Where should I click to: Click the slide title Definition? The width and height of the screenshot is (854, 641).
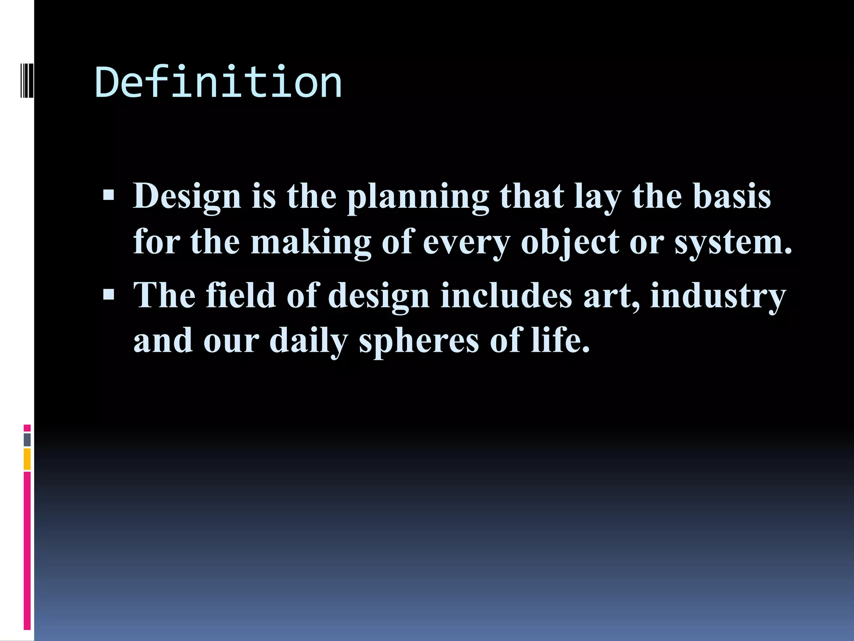(219, 83)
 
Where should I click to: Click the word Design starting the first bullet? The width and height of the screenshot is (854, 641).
(187, 196)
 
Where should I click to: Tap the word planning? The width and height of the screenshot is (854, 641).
(418, 197)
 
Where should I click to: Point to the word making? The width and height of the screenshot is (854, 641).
(311, 243)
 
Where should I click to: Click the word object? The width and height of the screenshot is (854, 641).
(570, 243)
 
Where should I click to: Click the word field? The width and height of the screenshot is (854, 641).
(241, 295)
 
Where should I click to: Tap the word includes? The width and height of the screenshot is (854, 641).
(506, 295)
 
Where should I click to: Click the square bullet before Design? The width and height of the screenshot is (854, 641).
(108, 195)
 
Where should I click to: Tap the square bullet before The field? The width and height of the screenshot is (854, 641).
(108, 295)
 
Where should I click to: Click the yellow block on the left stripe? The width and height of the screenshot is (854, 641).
(27, 459)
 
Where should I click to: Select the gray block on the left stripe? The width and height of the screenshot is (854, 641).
(27, 439)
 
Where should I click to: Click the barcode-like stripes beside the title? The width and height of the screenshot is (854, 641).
(27, 74)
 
